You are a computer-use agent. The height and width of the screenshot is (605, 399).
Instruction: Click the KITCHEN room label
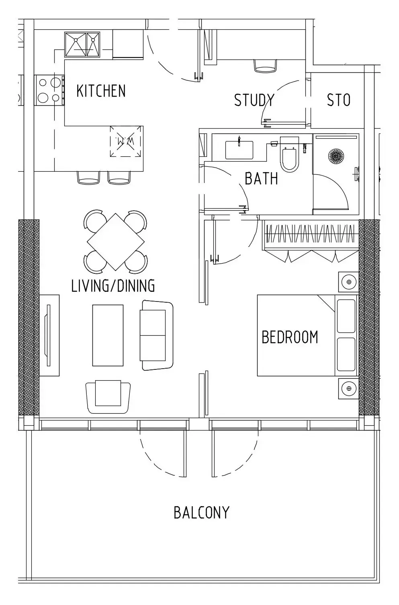coord(101,91)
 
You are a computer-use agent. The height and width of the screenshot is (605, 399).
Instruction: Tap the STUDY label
coord(254,100)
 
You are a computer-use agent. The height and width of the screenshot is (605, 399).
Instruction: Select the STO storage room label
coord(339,100)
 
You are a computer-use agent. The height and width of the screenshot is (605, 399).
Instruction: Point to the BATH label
coord(261,178)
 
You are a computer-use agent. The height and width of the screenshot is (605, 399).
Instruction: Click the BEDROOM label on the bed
coord(290,337)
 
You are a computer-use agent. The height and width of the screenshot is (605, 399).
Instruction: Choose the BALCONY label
coord(201,513)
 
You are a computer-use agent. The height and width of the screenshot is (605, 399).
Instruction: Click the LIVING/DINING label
coord(113,286)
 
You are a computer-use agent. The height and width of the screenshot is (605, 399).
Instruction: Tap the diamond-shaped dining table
coord(116,242)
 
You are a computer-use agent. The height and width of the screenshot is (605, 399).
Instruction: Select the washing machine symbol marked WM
coord(126,141)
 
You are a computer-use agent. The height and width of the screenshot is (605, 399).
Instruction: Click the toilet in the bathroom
coord(289,155)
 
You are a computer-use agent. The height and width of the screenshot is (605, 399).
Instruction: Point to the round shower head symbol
coord(336,156)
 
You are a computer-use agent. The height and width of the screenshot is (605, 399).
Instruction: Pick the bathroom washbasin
coord(239,150)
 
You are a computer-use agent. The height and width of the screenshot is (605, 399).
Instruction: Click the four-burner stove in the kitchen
coord(49,90)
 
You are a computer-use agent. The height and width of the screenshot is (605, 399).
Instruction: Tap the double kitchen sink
coord(82,45)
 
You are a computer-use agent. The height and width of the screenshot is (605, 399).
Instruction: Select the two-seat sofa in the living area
coord(157,335)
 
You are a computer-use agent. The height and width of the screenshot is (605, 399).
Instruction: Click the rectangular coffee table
coord(108,335)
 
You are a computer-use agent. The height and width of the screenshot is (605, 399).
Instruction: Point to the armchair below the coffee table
coord(108,397)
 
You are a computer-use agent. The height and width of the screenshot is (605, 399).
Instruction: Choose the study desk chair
coord(265,66)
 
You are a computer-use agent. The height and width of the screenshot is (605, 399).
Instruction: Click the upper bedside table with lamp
coord(348,282)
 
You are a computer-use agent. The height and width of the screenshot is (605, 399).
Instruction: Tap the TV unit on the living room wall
coord(49,335)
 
